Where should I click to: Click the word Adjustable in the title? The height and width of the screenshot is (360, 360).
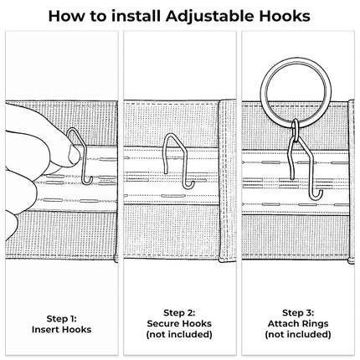(210, 17)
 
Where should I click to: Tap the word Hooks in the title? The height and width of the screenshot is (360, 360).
(285, 16)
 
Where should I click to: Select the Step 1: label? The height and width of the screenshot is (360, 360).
(61, 318)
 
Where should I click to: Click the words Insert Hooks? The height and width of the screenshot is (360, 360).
(61, 329)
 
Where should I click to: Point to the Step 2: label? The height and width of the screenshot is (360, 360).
(179, 312)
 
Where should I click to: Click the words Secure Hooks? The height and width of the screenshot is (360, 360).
(179, 323)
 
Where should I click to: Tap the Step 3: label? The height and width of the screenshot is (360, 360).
(298, 312)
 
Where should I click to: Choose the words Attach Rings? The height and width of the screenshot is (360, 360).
(298, 323)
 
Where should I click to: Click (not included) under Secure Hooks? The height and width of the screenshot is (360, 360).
(179, 334)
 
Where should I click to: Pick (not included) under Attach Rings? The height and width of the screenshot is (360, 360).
(298, 334)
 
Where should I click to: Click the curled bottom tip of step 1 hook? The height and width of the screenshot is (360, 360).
(90, 181)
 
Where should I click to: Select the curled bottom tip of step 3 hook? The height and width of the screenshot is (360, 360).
(319, 195)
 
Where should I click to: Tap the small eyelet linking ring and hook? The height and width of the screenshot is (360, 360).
(296, 128)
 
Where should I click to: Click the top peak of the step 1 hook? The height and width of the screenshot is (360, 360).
(72, 129)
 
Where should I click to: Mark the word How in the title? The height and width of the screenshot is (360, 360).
(66, 16)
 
